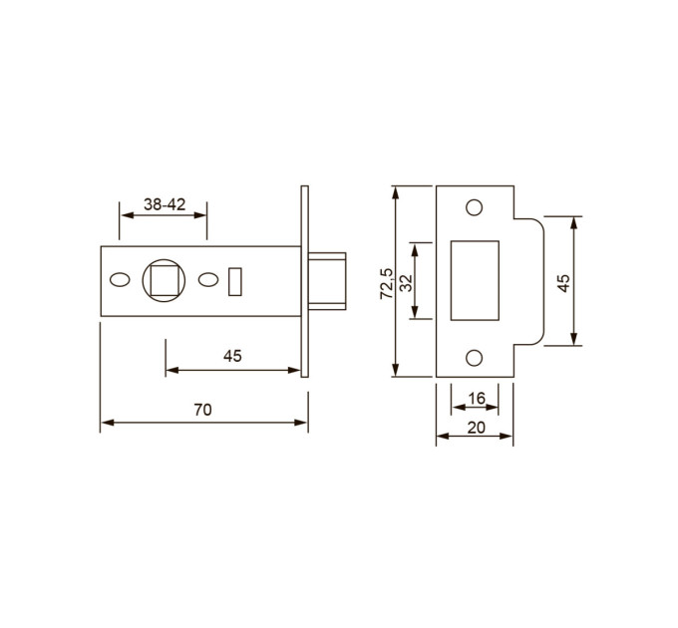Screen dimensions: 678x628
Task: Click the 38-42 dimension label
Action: coord(165,204)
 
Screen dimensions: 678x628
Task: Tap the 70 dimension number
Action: coord(202,410)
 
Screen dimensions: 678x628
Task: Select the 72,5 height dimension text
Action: coord(387,283)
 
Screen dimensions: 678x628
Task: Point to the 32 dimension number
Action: coord(407,283)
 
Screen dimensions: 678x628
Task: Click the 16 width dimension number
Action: coord(477,398)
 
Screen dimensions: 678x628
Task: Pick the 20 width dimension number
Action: coord(476,428)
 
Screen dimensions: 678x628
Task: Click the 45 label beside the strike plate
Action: coord(564,283)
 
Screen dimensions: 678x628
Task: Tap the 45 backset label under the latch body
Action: coord(232,356)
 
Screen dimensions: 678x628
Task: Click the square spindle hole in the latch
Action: coord(165,280)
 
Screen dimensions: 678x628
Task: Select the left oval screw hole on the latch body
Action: coord(120,280)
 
